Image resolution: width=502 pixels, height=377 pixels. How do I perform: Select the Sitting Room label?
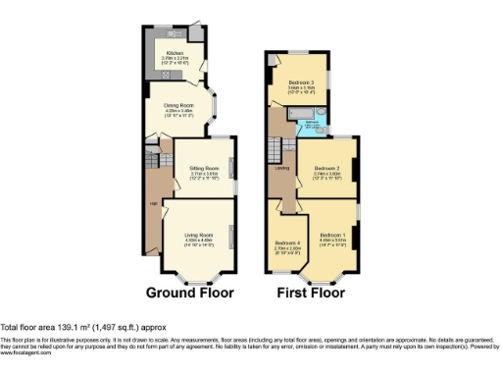204,169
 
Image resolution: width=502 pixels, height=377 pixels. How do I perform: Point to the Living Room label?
198,234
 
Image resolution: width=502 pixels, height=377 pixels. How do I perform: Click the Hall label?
154,203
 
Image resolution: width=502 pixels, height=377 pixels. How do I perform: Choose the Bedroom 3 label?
301,81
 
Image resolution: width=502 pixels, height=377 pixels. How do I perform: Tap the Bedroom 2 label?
326,169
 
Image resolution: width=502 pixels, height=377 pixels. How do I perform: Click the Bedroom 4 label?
287,242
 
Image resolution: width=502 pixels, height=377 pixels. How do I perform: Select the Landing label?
280,168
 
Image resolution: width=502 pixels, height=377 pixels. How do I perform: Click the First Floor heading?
311,293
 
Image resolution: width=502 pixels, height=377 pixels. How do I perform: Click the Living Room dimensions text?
198,241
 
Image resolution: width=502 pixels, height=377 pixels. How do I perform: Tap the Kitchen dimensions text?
175,60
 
